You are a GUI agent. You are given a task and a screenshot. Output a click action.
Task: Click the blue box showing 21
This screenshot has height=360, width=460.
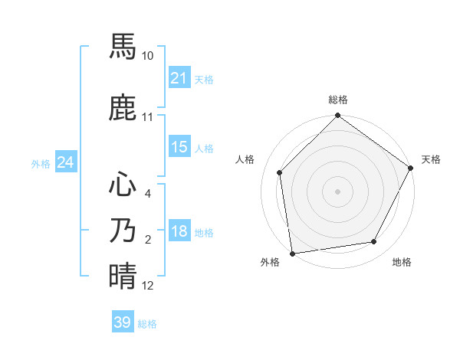pos(179,78)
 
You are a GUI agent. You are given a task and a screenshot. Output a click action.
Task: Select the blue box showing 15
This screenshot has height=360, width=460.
pos(179,147)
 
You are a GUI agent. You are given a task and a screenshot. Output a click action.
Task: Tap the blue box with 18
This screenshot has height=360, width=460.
pos(179,232)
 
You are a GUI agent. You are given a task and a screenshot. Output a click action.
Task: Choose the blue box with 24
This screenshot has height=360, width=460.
pos(65,162)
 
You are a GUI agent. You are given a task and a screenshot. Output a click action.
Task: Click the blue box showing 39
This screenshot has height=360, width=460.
pos(122,322)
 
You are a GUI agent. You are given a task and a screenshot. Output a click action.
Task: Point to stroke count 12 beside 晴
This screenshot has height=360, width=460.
pos(148,286)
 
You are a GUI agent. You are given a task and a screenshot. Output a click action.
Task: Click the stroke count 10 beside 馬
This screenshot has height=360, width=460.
pos(148,56)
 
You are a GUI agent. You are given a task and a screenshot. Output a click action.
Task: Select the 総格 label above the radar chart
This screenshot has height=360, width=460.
pos(338,100)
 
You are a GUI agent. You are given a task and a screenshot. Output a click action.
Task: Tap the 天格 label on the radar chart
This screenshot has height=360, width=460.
pos(431,159)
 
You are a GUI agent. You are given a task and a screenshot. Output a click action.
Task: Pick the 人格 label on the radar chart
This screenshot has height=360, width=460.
pos(245,159)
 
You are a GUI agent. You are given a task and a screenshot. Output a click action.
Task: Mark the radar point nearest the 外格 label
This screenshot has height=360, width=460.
pos(292,253)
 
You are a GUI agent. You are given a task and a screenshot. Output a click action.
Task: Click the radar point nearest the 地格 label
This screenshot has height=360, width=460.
pos(374,241)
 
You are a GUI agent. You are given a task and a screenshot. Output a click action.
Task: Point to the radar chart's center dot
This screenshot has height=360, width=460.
pos(338,191)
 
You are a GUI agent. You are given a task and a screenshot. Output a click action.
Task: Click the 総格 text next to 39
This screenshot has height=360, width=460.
pos(147,324)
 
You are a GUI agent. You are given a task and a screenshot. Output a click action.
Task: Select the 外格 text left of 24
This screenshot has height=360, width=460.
pos(40,164)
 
